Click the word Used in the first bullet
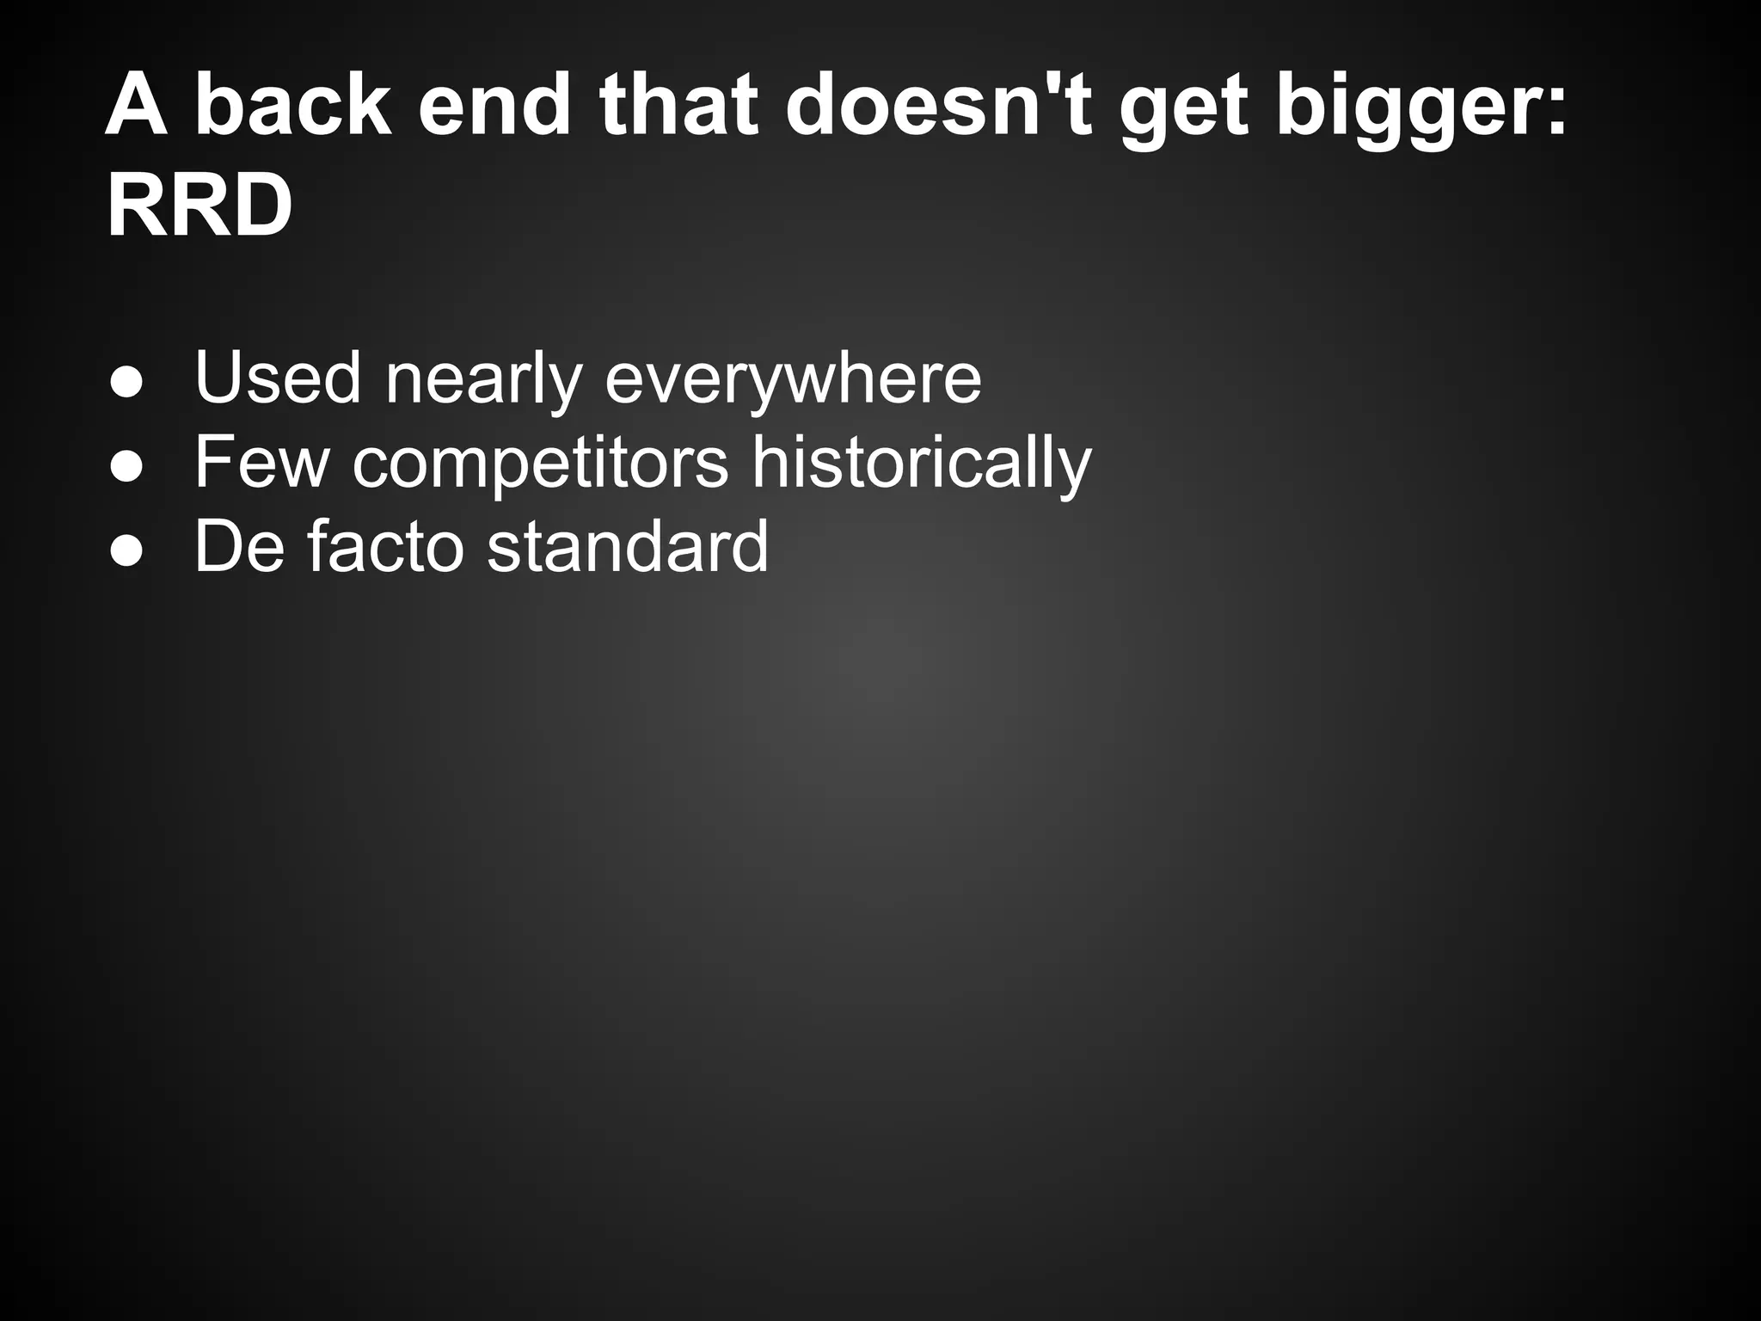[x=278, y=378]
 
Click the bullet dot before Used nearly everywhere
[x=126, y=384]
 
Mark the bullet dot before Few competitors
[x=126, y=468]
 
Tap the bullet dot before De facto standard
[x=126, y=552]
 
